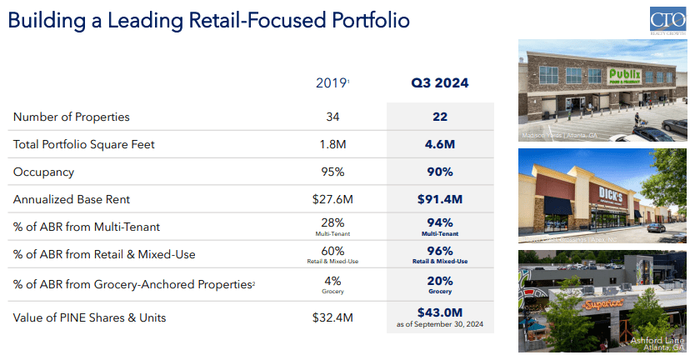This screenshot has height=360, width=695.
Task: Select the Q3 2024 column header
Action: pos(439,82)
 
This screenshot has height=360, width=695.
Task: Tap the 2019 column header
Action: pos(332,82)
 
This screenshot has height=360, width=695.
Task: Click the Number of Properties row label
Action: pos(72,117)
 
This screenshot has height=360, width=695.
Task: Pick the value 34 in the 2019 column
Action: pos(332,117)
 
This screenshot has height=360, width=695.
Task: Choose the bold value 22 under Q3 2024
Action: pos(439,117)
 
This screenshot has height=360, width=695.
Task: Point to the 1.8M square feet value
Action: pos(332,144)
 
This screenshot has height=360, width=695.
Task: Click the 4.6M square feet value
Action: pos(439,144)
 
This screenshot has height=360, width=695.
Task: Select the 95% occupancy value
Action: pos(332,172)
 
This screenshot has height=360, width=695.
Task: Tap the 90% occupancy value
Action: pos(439,172)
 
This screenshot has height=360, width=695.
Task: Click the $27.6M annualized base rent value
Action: pos(332,200)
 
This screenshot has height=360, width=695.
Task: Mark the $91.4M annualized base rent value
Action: pos(439,200)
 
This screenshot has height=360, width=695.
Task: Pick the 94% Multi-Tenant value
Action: pos(439,222)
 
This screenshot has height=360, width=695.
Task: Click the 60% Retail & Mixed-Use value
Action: pos(332,251)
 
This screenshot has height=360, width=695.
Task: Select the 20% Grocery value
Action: pos(439,281)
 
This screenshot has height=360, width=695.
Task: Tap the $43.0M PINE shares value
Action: pos(439,312)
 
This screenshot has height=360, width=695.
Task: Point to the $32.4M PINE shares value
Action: pos(332,317)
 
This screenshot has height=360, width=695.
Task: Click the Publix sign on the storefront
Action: pos(627,77)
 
